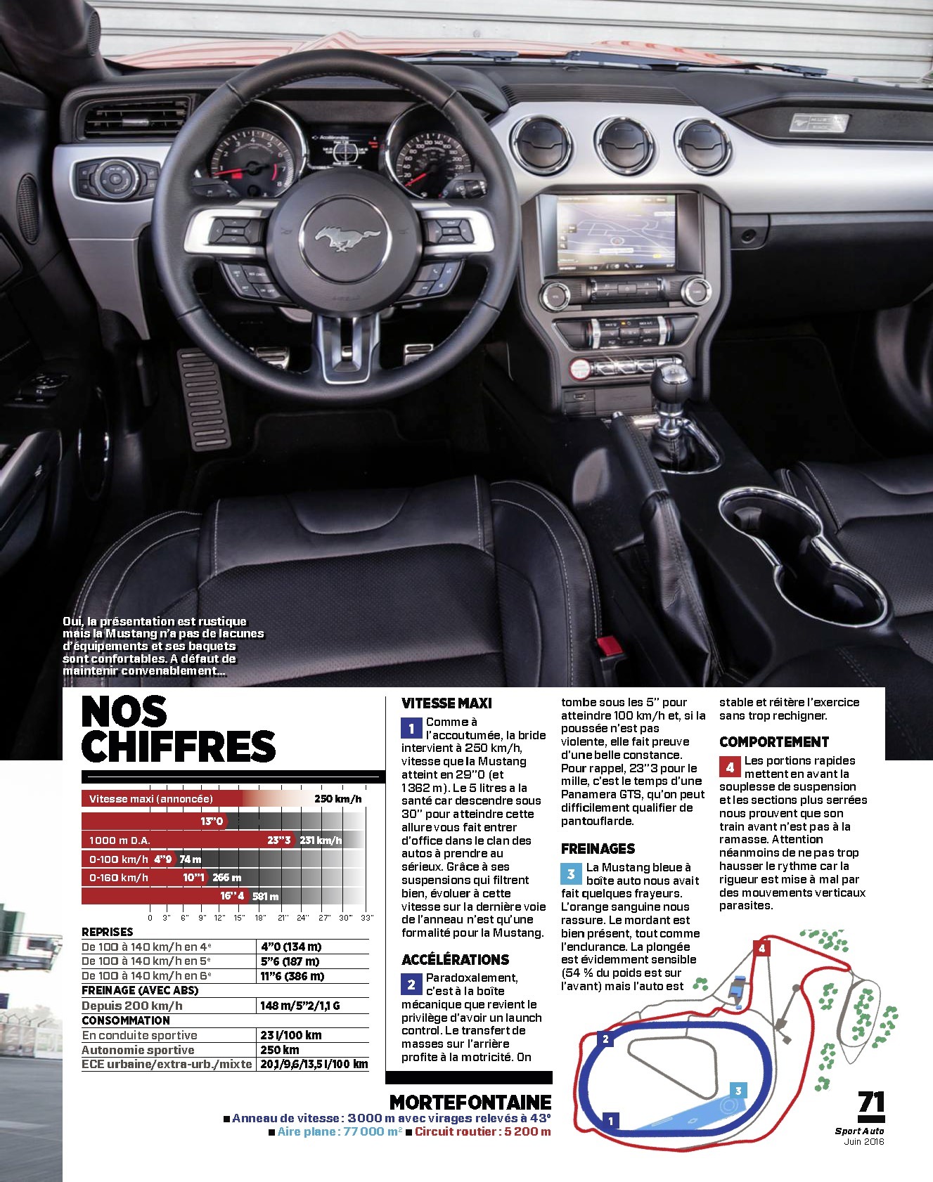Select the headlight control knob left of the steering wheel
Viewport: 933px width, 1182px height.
115,178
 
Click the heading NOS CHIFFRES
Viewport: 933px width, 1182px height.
178,729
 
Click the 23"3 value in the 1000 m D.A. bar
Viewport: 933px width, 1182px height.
279,840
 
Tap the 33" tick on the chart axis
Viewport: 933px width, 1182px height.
366,918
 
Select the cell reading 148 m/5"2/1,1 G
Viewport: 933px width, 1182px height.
300,1006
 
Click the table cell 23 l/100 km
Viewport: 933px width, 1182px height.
290,1035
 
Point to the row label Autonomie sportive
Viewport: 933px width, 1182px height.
138,1050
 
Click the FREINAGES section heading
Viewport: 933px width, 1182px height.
598,848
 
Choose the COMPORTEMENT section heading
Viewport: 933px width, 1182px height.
774,741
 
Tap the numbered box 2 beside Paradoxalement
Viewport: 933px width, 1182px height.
411,985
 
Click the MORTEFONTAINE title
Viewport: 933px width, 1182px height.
470,1102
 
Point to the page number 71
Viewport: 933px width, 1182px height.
871,1102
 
